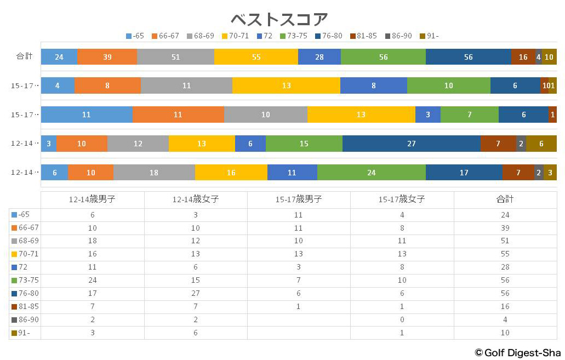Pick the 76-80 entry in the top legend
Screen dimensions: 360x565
click(328, 36)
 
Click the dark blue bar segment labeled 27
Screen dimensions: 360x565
click(412, 144)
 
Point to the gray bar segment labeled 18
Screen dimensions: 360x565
click(154, 173)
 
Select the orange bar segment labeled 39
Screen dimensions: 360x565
click(107, 57)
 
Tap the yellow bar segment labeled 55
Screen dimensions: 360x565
click(256, 57)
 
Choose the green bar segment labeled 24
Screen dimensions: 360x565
click(371, 173)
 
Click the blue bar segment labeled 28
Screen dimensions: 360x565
click(319, 57)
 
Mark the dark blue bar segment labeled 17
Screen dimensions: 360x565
click(464, 173)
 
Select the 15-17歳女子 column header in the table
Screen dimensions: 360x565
click(402, 199)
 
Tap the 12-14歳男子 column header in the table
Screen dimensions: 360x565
click(92, 199)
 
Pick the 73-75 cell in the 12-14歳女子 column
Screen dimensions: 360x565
click(196, 281)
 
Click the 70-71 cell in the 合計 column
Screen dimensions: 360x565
click(505, 254)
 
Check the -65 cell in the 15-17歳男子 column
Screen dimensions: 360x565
click(299, 215)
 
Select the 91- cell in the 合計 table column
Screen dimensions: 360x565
click(505, 333)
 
